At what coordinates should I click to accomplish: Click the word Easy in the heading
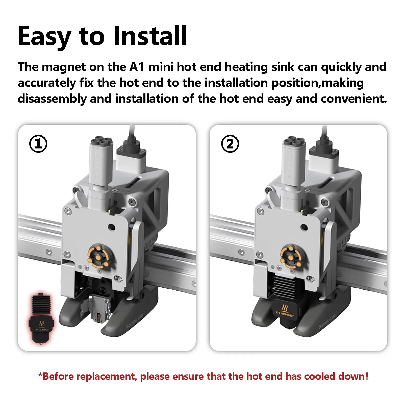(44, 36)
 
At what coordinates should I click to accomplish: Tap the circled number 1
(38, 144)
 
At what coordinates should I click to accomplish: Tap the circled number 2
(230, 144)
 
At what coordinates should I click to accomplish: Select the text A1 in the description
(137, 67)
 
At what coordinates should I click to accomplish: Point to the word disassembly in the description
(52, 99)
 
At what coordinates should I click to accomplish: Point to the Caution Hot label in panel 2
(285, 311)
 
